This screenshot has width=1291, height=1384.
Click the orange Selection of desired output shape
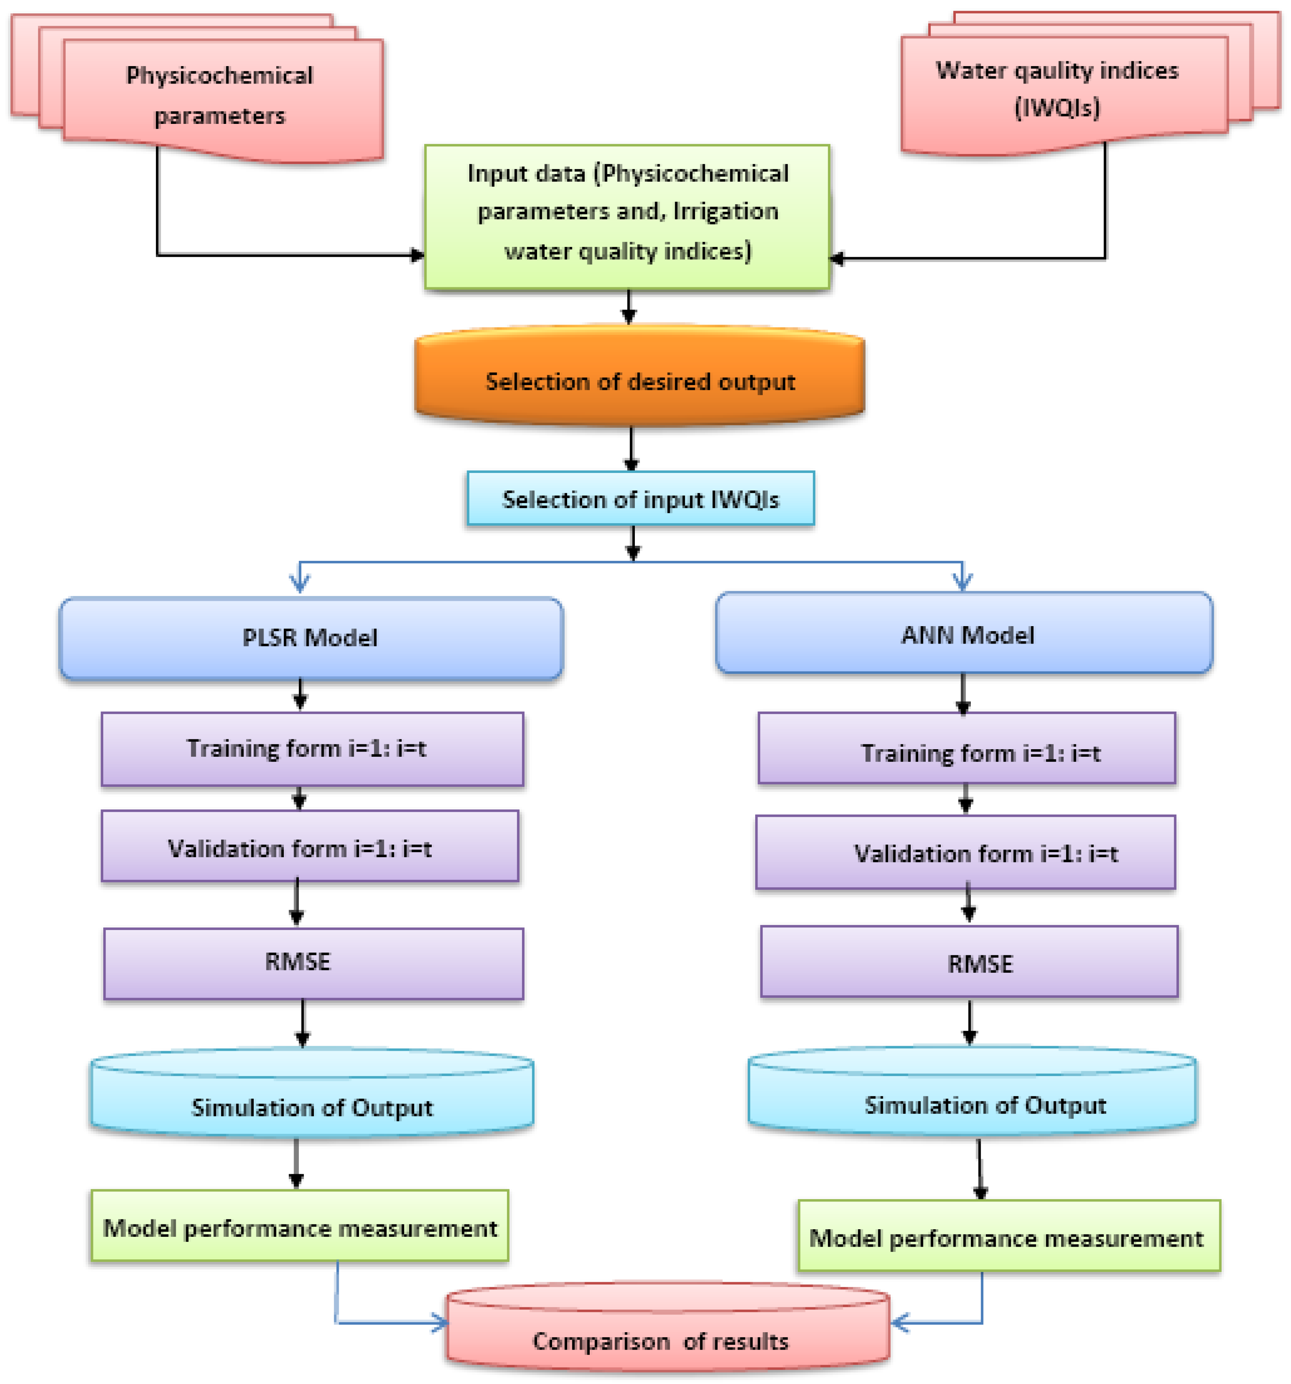click(x=639, y=380)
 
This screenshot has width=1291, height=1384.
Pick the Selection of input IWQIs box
click(x=641, y=498)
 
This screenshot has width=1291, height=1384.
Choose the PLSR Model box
click(x=311, y=638)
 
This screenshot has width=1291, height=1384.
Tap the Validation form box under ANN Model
click(x=965, y=853)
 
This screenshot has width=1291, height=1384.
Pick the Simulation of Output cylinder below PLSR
click(x=312, y=1097)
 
